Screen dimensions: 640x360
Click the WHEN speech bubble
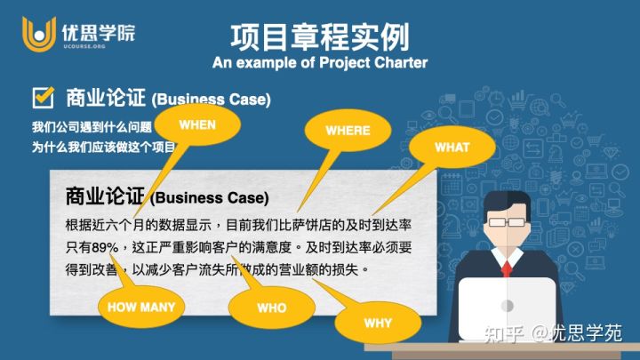[197, 124]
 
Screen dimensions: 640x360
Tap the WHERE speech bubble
[347, 131]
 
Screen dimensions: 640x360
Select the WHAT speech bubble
[452, 148]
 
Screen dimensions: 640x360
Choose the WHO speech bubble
[271, 308]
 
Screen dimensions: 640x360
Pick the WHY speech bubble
[377, 323]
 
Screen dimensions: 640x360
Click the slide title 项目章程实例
[319, 37]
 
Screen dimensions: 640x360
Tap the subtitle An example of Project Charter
[319, 63]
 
